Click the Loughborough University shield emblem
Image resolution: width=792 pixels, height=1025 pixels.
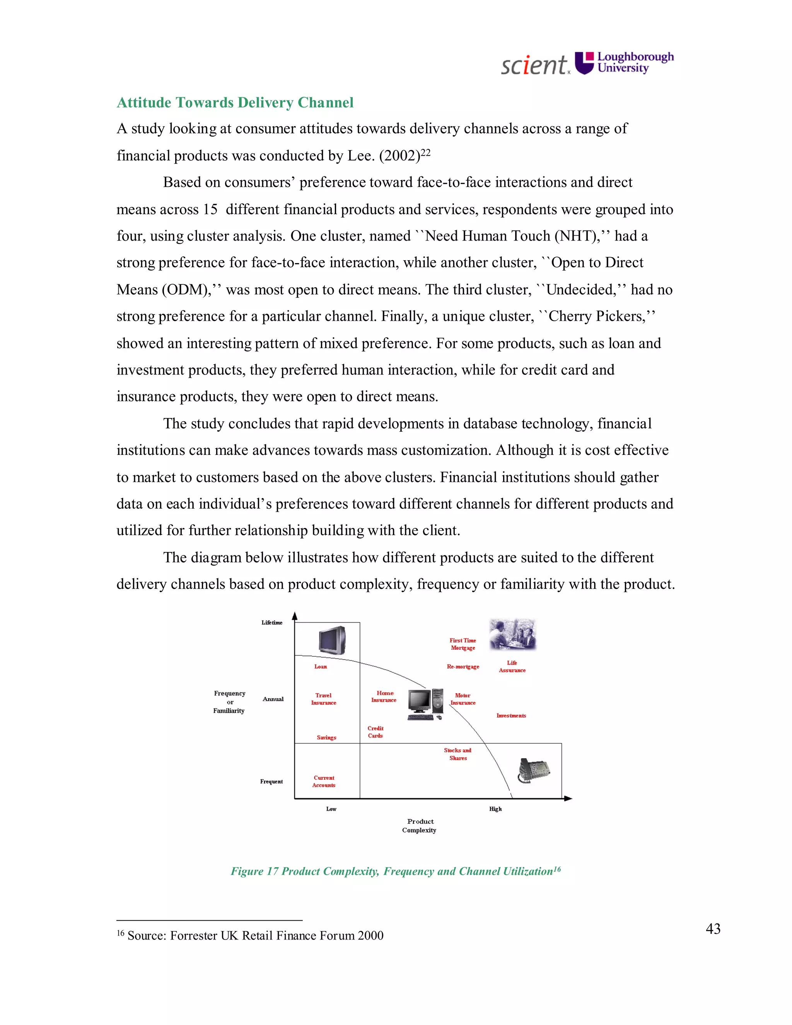coord(585,63)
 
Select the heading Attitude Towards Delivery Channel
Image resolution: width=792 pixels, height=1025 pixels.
coord(235,102)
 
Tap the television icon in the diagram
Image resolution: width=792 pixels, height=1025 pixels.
coord(332,640)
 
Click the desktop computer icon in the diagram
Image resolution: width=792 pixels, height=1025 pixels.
coord(425,704)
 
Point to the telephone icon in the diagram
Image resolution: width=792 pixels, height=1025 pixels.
coord(533,770)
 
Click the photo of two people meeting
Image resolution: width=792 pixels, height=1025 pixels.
coord(512,634)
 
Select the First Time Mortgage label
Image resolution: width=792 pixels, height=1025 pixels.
coord(463,644)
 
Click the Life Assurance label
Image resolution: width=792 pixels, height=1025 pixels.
coord(512,666)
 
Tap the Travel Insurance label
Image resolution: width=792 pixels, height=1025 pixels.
coord(323,699)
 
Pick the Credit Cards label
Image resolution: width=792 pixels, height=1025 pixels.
coord(376,732)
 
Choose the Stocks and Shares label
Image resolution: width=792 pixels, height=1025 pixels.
coord(457,754)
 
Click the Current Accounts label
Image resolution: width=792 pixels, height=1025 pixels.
coord(324,781)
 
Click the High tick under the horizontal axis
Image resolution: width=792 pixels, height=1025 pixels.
coord(495,809)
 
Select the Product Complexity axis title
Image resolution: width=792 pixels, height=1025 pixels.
coord(420,825)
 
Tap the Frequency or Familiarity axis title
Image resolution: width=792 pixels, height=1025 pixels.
coord(229,702)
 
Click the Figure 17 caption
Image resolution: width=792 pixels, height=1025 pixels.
coord(396,871)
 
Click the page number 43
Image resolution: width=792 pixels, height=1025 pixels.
coord(713,929)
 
